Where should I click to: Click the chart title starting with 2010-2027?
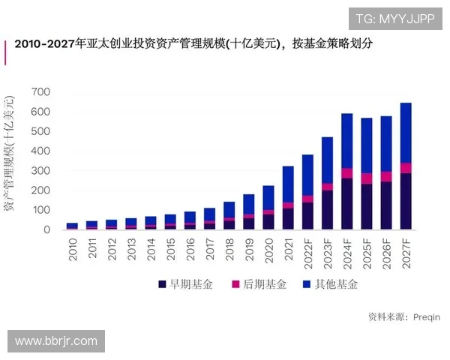pos(193,44)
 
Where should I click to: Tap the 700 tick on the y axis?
pos(40,92)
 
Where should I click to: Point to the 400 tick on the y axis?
pos(40,151)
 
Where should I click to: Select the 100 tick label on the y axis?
pos(40,211)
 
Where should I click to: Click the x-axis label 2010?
pos(73,250)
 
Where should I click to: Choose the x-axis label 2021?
pos(288,250)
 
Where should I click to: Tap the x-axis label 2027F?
pos(406,254)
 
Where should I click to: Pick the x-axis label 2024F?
pos(347,254)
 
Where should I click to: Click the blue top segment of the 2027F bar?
pos(406,132)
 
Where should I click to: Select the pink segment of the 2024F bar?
pos(347,173)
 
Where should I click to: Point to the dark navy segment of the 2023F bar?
pos(327,209)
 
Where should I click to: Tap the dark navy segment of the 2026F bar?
pos(386,205)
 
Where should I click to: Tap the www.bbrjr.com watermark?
pos(56,341)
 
